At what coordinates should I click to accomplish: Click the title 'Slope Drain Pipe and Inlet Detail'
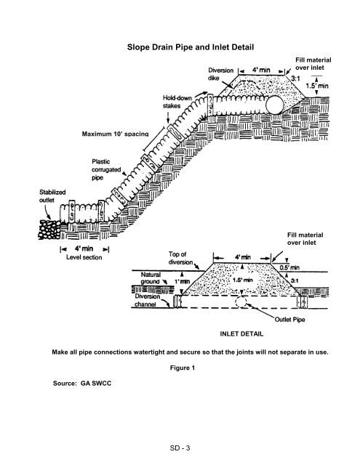191,47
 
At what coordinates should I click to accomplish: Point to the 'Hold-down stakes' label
177,102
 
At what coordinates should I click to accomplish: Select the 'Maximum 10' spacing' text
115,134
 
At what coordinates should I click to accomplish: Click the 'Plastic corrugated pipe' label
106,169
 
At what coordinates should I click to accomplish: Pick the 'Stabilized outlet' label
52,196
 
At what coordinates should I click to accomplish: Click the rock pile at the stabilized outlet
49,230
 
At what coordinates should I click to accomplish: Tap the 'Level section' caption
84,257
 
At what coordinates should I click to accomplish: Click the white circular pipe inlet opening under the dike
274,105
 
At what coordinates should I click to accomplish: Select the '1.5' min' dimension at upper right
317,86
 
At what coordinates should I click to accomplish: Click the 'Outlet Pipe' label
289,320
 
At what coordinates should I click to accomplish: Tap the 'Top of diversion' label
181,258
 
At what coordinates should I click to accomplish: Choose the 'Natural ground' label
151,278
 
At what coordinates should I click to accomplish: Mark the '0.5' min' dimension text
289,268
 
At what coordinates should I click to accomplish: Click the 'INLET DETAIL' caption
241,334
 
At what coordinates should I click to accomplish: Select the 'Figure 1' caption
183,368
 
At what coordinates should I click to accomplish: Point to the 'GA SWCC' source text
96,383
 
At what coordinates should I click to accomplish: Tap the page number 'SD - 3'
180,448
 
